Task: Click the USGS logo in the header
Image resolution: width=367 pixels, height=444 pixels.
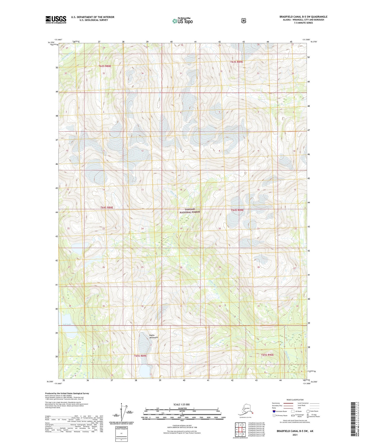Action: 56,20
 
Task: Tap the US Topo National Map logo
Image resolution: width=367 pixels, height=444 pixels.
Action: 182,21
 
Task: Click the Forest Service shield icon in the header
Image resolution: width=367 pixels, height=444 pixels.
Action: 244,21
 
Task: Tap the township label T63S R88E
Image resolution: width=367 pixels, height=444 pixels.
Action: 105,66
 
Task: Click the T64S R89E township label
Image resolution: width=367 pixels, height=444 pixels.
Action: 237,210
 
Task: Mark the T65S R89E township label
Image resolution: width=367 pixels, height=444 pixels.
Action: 140,356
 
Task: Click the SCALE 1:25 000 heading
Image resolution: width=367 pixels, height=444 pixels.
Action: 182,404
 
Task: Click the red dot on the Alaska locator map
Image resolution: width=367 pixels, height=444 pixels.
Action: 253,413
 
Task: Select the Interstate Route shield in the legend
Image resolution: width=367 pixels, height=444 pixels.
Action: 274,411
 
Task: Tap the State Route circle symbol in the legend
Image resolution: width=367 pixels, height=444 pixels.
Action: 308,411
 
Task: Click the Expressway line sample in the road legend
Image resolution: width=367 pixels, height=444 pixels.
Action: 288,403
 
